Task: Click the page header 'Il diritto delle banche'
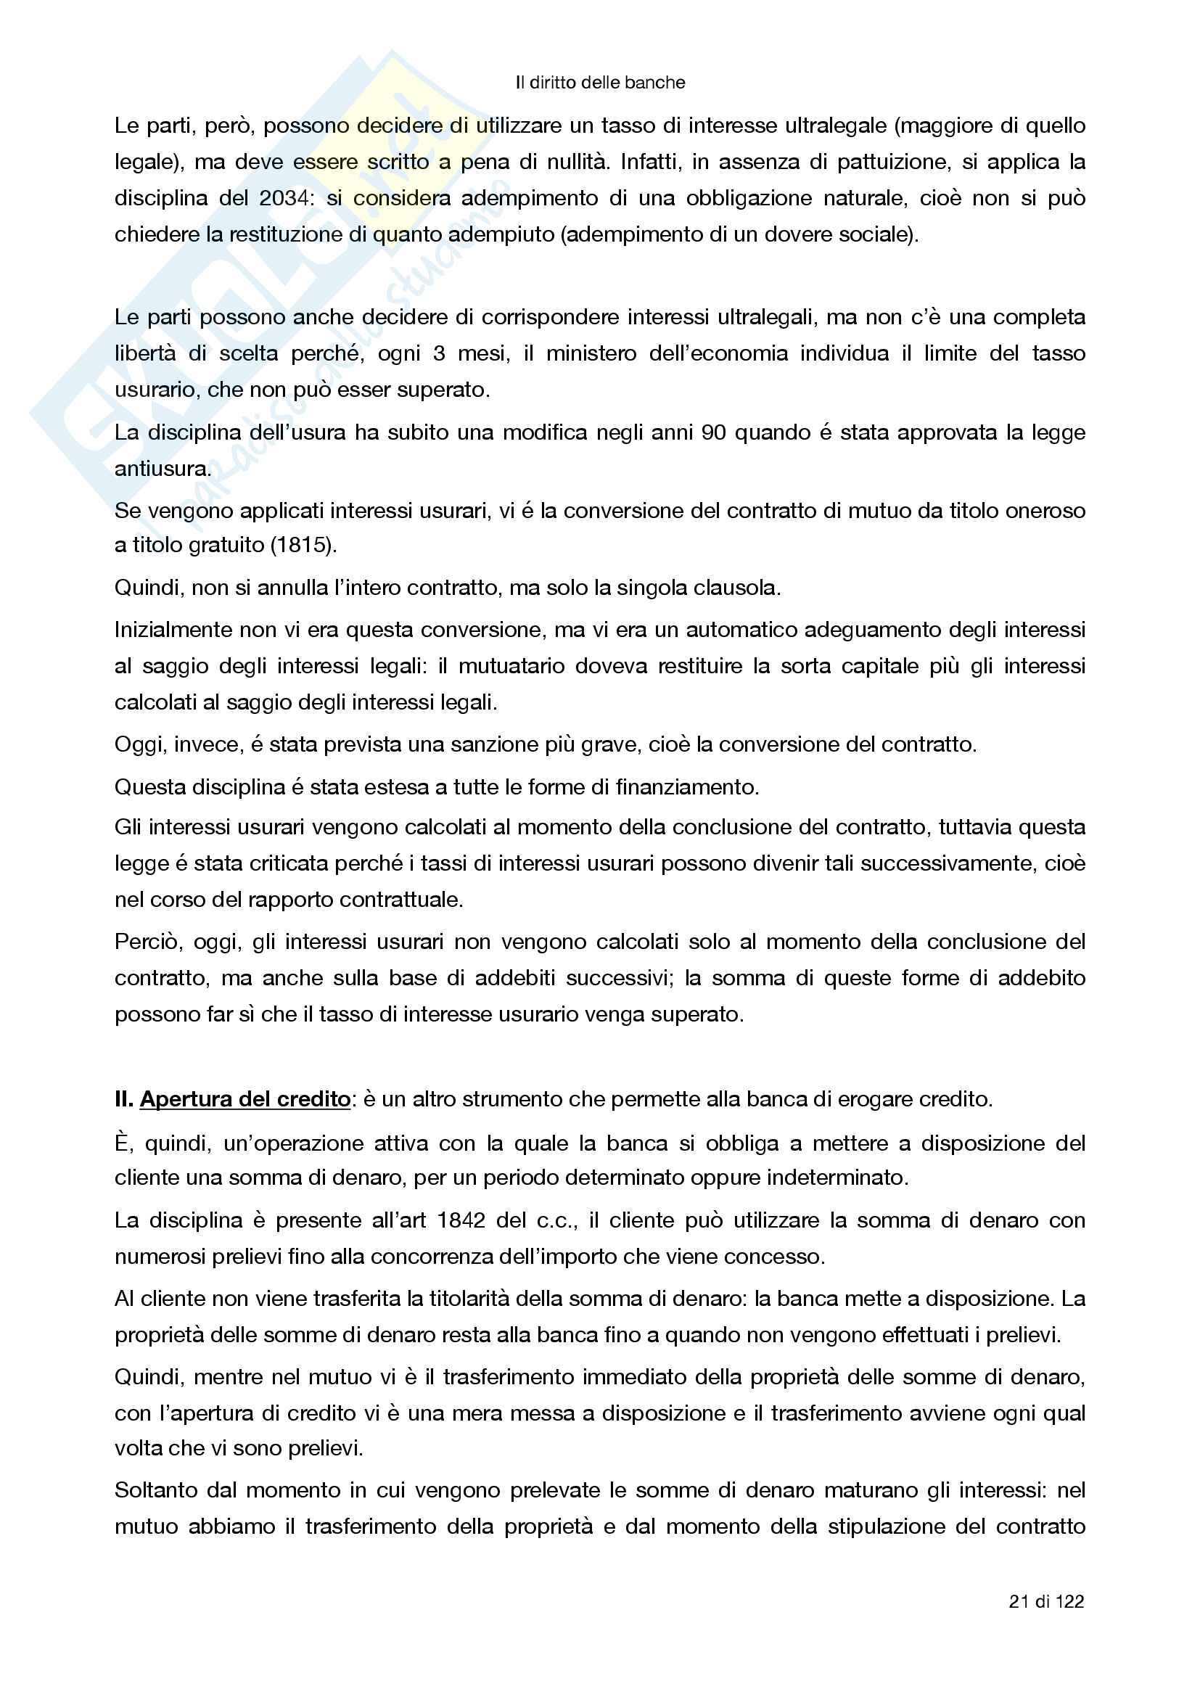(600, 83)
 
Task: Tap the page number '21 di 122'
(1046, 1601)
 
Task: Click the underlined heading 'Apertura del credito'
(244, 1099)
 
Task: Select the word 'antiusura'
(162, 469)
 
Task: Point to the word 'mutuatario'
(510, 666)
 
